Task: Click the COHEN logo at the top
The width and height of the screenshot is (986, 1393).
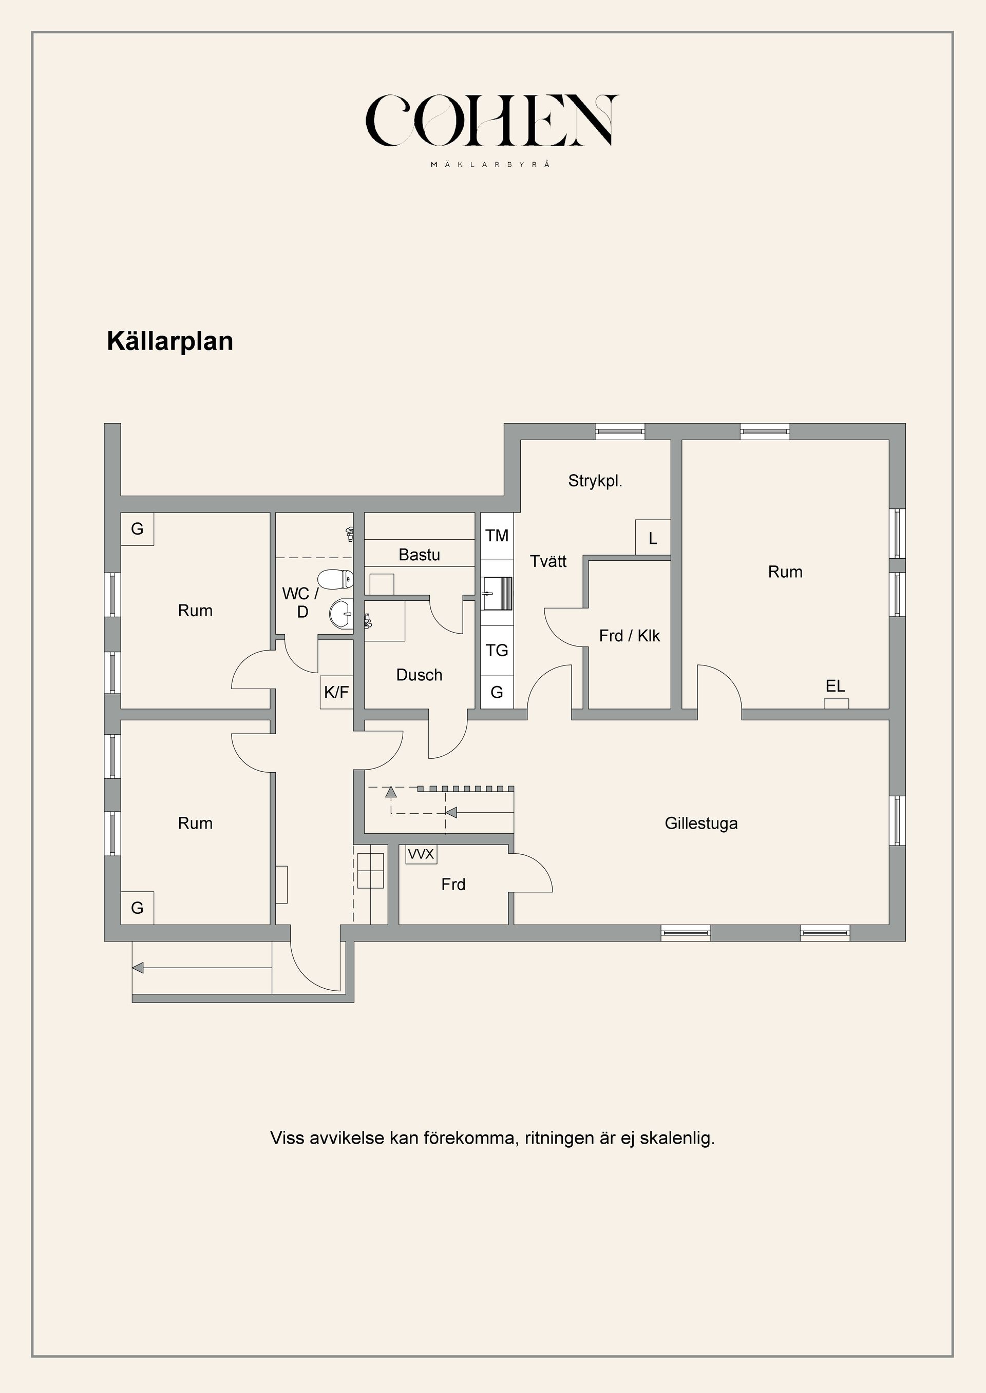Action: (492, 121)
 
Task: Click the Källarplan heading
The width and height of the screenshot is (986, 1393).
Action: (170, 342)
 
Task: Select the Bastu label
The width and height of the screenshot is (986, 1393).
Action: (419, 555)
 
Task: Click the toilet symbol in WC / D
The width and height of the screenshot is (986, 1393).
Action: (336, 579)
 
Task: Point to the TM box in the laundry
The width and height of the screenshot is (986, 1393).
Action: (497, 536)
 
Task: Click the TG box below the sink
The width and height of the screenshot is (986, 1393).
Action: (497, 651)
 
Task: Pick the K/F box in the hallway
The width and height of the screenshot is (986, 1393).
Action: (336, 692)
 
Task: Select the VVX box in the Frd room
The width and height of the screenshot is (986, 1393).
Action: (421, 854)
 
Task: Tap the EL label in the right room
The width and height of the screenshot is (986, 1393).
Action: (836, 686)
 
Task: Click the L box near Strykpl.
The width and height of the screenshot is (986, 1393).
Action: (653, 538)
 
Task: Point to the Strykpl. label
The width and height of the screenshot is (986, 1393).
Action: (595, 481)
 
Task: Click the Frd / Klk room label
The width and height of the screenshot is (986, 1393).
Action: (629, 636)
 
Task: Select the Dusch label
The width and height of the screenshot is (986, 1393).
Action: (419, 675)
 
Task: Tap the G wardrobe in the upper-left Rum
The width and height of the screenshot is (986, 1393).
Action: (137, 529)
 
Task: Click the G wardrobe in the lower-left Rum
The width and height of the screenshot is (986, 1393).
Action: (137, 908)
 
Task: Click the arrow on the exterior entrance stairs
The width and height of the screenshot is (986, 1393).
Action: (139, 968)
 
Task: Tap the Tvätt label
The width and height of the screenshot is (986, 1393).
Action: (548, 561)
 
